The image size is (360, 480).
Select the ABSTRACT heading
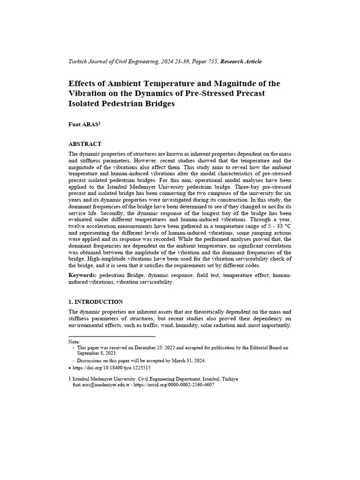click(85, 144)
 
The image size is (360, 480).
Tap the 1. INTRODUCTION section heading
click(96, 302)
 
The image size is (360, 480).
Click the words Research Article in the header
click(241, 61)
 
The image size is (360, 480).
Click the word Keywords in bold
click(82, 276)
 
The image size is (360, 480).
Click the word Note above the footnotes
click(74, 342)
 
